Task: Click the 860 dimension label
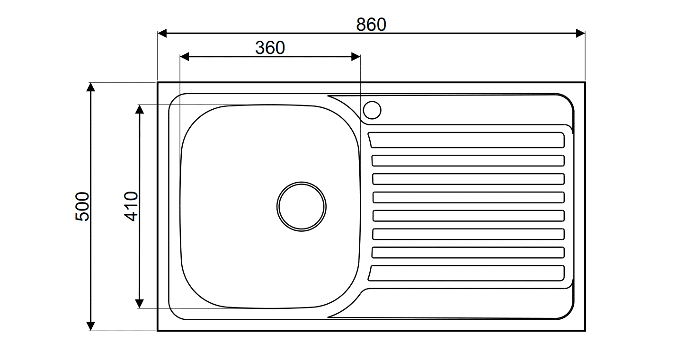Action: pos(371,25)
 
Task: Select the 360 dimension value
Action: pos(270,48)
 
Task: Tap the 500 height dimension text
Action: pos(82,206)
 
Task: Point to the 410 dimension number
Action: pos(131,206)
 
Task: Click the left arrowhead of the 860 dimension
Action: pos(162,33)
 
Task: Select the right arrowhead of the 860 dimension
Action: pos(580,33)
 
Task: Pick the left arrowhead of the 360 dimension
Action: pos(185,57)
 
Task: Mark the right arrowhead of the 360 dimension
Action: pos(356,57)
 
